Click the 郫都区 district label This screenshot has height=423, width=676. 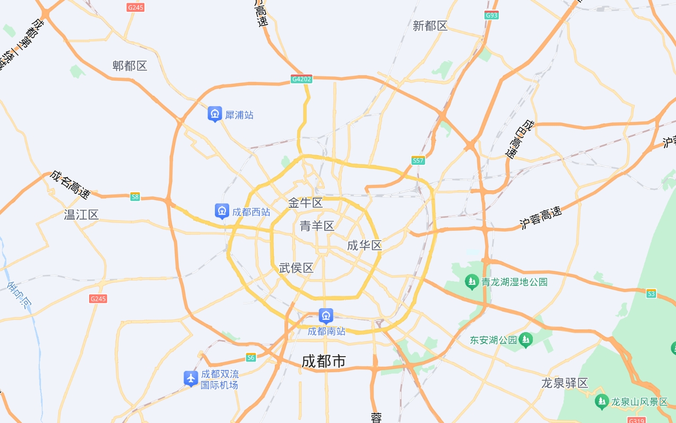[129, 66]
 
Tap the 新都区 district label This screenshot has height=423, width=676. [430, 26]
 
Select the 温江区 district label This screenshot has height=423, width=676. [81, 215]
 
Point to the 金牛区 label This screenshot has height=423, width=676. [305, 202]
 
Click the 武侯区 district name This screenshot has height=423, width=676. [296, 268]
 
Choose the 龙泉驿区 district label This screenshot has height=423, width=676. [565, 383]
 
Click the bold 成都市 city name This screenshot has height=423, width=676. [324, 361]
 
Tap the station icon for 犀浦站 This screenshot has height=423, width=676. [214, 114]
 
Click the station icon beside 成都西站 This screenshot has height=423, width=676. [222, 211]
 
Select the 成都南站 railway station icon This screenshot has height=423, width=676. [326, 316]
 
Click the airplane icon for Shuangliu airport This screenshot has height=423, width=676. [191, 378]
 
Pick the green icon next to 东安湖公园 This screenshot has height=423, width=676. [526, 340]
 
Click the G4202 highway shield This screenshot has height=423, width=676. [301, 79]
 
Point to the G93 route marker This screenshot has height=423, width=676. [491, 15]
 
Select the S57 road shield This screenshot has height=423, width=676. [418, 160]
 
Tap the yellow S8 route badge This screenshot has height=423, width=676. [135, 197]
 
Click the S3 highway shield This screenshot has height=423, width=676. [651, 293]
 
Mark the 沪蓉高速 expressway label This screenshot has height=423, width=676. [540, 218]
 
